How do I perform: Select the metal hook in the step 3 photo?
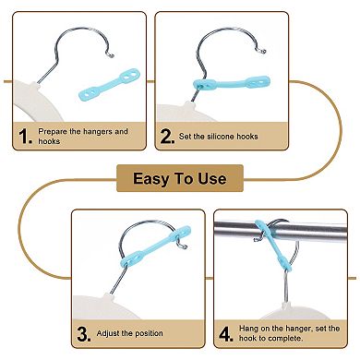[x=138, y=246]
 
